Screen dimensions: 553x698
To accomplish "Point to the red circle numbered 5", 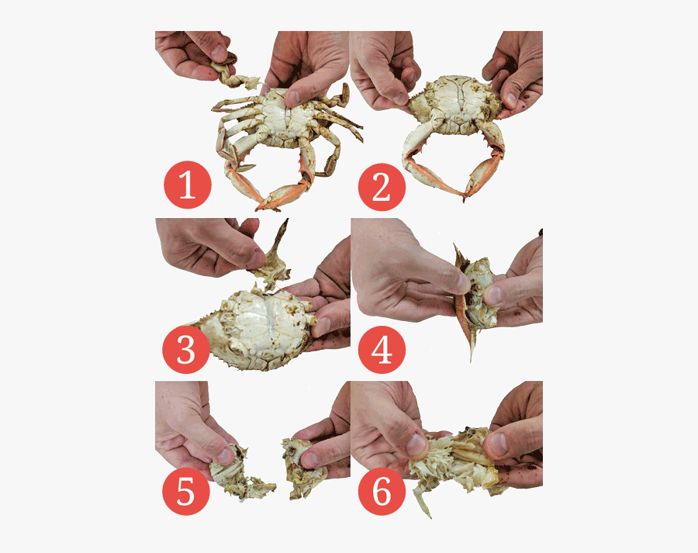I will tap(186, 492).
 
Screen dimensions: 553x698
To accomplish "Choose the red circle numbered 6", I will tap(381, 492).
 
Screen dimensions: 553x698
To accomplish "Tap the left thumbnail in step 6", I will tap(416, 445).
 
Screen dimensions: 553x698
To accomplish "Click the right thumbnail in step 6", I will tap(496, 444).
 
